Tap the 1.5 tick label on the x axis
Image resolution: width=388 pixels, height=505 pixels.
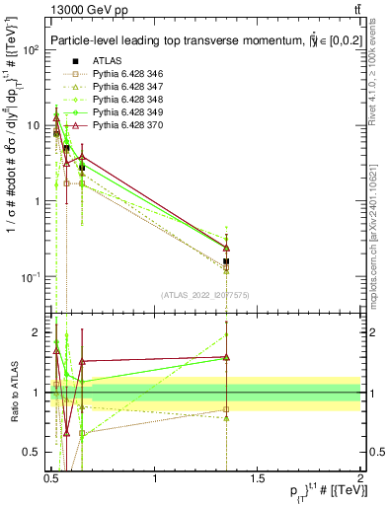[258, 477]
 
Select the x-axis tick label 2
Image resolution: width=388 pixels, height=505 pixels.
[360, 477]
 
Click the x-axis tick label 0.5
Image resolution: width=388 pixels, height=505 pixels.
[52, 477]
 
